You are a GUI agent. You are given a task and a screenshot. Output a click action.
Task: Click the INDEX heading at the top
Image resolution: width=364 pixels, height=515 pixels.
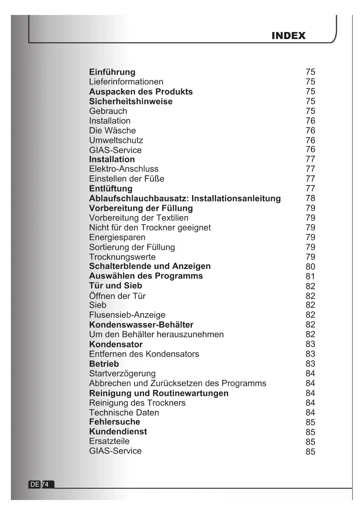(x=288, y=36)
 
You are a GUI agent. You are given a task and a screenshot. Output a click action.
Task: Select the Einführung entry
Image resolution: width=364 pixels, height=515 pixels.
(x=112, y=72)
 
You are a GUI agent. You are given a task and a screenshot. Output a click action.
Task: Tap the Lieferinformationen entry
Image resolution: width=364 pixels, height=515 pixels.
(x=126, y=82)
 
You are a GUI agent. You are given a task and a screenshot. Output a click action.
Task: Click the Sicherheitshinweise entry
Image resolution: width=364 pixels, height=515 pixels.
(x=131, y=102)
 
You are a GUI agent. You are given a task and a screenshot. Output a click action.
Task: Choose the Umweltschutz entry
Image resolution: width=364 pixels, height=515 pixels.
(x=116, y=140)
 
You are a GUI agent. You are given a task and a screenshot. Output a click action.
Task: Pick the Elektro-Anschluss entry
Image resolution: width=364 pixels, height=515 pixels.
(x=124, y=169)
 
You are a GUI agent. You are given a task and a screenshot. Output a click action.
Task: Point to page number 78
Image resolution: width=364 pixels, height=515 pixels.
(x=310, y=198)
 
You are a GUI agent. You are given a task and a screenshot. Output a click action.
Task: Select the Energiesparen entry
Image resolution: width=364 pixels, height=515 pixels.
(x=117, y=237)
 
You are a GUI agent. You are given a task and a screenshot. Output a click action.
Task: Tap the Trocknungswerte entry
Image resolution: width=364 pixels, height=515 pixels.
(x=122, y=257)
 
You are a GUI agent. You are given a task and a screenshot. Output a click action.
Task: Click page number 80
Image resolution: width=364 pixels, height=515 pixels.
(x=310, y=267)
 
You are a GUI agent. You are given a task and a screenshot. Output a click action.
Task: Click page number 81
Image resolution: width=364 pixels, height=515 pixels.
(x=310, y=276)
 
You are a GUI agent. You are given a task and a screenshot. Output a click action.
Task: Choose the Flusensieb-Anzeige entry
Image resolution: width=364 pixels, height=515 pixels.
(x=127, y=315)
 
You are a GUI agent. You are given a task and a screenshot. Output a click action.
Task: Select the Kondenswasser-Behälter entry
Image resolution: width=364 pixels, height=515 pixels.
(x=141, y=325)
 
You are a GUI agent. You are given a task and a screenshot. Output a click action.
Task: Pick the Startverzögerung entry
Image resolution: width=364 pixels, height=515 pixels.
(x=122, y=373)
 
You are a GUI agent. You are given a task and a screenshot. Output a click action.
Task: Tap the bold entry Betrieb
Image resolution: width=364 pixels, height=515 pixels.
(x=104, y=364)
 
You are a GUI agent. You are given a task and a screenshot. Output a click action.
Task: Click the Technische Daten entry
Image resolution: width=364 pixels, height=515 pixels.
(x=124, y=413)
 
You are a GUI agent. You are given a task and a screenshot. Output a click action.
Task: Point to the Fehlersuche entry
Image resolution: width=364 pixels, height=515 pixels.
(x=115, y=422)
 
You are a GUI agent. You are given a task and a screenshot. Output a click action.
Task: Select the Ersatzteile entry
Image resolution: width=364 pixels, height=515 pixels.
(x=109, y=441)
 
